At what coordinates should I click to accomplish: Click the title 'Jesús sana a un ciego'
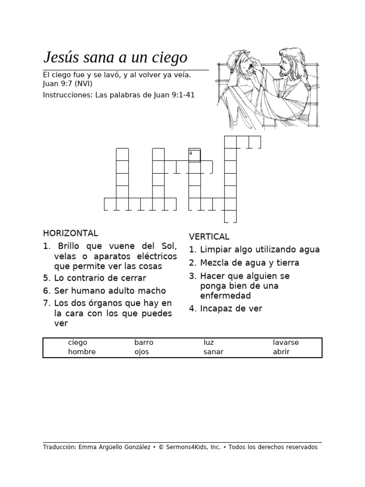(x=115, y=58)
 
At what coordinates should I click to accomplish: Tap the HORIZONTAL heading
(x=70, y=233)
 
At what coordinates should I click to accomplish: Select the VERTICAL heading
(x=209, y=236)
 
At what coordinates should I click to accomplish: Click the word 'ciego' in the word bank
(x=77, y=342)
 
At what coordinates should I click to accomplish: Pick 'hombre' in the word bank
(x=82, y=352)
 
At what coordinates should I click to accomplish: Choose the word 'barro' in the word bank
(x=144, y=342)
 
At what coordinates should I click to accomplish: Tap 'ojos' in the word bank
(x=142, y=352)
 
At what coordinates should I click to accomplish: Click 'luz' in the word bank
(x=208, y=342)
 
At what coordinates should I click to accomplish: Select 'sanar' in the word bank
(x=213, y=352)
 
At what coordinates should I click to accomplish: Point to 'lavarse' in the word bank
(x=286, y=342)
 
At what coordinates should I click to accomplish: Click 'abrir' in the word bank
(x=281, y=352)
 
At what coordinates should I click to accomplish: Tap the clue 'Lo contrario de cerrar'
(x=100, y=278)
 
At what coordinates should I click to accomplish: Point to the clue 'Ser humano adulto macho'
(x=110, y=291)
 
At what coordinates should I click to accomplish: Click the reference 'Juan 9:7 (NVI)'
(x=67, y=84)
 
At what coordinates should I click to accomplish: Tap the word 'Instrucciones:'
(x=68, y=95)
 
